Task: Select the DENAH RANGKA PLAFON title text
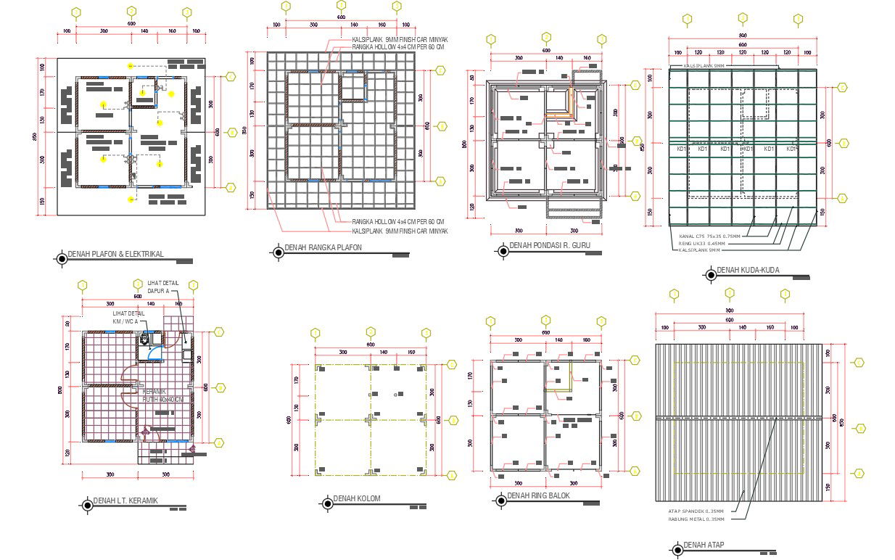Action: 323,248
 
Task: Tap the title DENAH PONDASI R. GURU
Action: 550,246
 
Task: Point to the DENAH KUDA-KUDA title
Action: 748,270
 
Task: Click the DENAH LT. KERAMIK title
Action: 125,501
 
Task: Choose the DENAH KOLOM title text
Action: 356,499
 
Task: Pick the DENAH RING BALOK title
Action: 538,496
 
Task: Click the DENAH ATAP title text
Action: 704,545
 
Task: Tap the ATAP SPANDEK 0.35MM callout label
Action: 696,511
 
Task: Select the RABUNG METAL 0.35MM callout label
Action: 696,519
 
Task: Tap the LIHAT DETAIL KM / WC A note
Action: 128,317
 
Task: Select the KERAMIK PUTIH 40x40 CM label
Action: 162,395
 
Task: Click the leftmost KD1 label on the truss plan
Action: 682,149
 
